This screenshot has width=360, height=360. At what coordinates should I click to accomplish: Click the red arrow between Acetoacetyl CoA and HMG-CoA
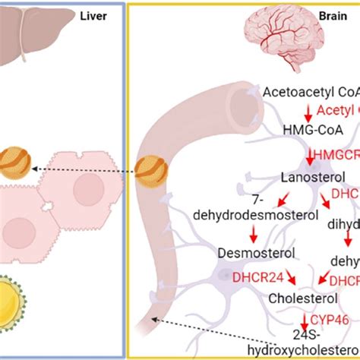pos(308,112)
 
